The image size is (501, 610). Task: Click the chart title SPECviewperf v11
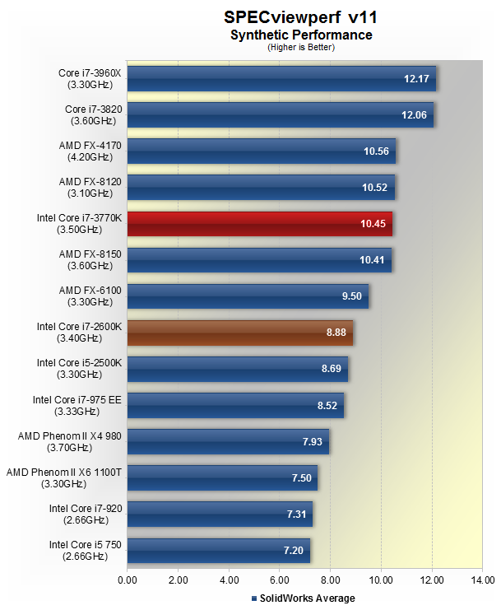[300, 17]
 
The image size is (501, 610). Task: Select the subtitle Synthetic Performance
[300, 35]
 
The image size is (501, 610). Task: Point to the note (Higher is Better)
[300, 47]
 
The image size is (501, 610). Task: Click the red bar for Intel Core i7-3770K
[260, 224]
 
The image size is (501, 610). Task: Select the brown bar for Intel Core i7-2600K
[240, 333]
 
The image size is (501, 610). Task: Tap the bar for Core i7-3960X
[281, 79]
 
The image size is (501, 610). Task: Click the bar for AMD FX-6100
[248, 296]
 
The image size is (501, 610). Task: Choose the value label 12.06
[414, 115]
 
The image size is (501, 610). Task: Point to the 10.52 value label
[377, 188]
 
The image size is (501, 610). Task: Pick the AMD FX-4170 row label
[90, 151]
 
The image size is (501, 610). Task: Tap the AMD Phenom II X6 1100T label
[63, 477]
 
